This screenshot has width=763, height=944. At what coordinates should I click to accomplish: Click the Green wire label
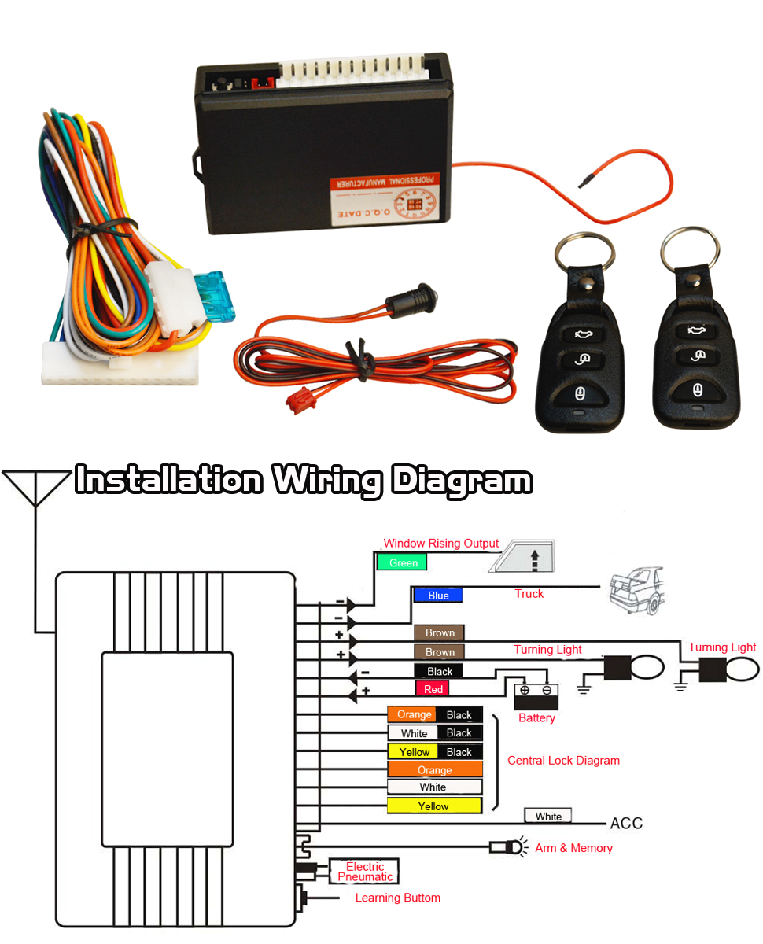tap(402, 562)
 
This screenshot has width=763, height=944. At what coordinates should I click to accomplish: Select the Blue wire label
tap(438, 596)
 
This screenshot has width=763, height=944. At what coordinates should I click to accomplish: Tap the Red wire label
tap(433, 689)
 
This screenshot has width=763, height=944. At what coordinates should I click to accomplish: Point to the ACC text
tap(626, 824)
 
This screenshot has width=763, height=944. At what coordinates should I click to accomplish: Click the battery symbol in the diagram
tap(536, 697)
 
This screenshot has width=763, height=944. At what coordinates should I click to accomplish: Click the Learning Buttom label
tap(397, 898)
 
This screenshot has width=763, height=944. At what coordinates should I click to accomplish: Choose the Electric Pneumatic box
tap(364, 872)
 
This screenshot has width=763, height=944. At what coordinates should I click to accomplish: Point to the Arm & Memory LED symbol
tap(507, 847)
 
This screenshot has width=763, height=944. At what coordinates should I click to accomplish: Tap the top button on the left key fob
tap(582, 334)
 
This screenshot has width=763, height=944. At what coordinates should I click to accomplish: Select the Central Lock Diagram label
tap(563, 761)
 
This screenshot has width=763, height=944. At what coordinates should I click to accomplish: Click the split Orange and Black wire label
tap(434, 715)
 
